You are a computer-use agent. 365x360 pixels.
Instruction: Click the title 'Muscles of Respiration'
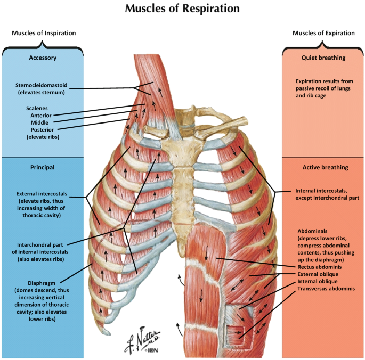[x=182, y=9]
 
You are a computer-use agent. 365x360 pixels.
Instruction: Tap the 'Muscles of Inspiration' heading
[x=44, y=33]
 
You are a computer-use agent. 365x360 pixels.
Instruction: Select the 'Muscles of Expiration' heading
[x=323, y=33]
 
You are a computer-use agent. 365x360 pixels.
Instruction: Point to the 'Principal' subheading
[x=43, y=167]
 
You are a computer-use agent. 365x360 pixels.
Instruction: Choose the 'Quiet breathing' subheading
[x=323, y=58]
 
